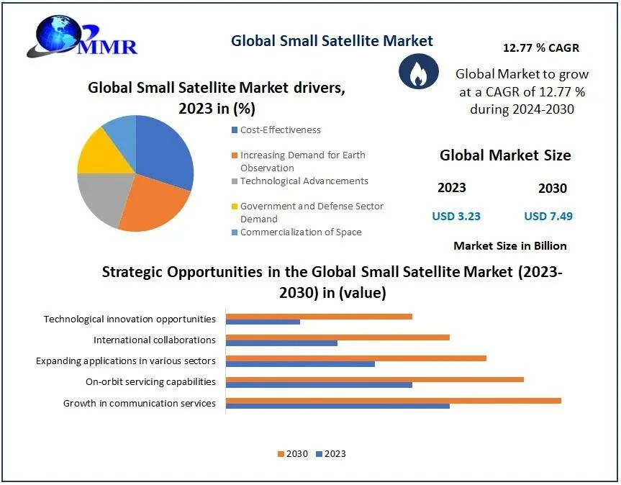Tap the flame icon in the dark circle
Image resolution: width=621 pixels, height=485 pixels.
414,73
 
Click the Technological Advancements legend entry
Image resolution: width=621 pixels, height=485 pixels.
304,181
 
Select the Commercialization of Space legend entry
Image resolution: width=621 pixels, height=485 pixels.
300,232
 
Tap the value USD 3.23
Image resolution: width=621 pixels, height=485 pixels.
456,216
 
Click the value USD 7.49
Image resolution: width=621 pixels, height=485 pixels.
548,216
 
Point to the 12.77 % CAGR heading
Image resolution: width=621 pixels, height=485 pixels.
540,48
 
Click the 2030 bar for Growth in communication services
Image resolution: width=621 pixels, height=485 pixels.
393,401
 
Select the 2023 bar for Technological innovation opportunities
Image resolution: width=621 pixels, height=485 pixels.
263,322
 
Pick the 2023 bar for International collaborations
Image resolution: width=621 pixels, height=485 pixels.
281,343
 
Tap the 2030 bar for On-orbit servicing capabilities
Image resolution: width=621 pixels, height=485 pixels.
374,379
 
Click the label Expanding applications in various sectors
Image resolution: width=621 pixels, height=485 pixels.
126,361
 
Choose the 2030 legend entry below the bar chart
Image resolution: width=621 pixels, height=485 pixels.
292,454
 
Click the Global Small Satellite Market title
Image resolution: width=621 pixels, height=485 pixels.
332,41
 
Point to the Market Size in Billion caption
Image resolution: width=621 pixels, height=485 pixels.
509,246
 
